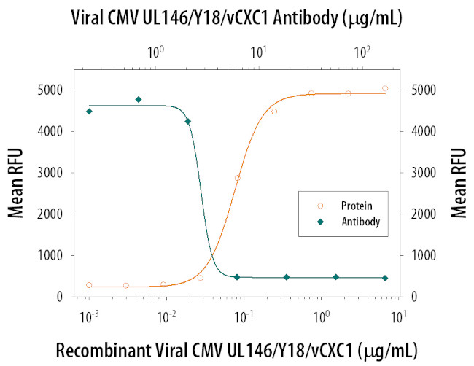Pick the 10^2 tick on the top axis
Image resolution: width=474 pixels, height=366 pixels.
(x=361, y=53)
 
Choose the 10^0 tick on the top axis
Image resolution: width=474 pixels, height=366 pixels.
(x=155, y=53)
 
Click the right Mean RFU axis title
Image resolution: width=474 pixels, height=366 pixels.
(x=459, y=183)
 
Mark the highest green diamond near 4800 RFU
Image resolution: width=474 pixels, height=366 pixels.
(x=139, y=99)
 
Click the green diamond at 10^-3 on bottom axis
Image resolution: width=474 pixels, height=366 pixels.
(x=89, y=111)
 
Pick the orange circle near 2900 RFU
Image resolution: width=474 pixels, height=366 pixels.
(x=237, y=177)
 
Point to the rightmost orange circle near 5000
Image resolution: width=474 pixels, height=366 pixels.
(x=385, y=88)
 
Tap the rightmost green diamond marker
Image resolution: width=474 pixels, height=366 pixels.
(x=385, y=278)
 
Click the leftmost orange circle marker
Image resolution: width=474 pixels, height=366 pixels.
(x=89, y=285)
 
